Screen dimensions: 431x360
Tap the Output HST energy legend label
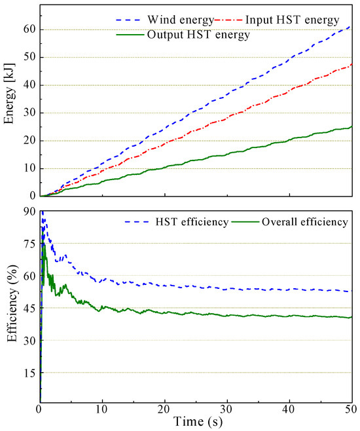208,35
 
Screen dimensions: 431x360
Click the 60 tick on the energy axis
27,29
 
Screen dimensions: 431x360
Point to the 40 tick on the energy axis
27,85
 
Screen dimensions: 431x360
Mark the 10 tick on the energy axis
27,168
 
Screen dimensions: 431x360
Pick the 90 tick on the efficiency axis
27,211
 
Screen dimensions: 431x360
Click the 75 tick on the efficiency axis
27,243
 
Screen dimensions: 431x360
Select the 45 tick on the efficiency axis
27,308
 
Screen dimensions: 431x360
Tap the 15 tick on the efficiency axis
27,372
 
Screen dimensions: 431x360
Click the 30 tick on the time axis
227,410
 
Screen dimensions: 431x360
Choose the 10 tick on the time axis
102,410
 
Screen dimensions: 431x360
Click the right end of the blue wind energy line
352,26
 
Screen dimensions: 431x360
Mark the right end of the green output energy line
352,126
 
